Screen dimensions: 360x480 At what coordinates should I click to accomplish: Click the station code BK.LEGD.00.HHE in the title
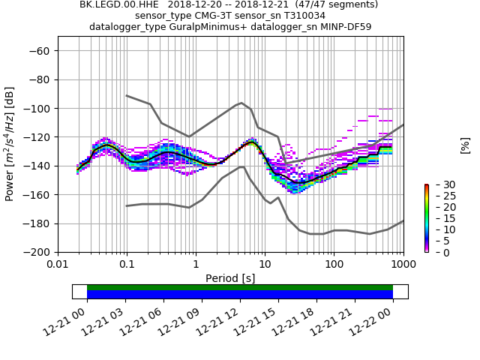(x=114, y=4)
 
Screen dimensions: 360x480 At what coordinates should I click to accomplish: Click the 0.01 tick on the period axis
(x=58, y=264)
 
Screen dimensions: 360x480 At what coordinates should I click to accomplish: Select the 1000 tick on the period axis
(x=403, y=264)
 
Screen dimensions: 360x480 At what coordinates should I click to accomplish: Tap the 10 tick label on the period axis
(x=265, y=264)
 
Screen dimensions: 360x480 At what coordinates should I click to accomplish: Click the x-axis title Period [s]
(x=230, y=277)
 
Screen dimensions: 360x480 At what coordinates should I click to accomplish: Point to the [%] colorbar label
(x=465, y=145)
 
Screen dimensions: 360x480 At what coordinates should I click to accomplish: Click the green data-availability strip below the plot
(x=240, y=287)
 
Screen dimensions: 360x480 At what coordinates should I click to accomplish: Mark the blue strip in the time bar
(x=240, y=295)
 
